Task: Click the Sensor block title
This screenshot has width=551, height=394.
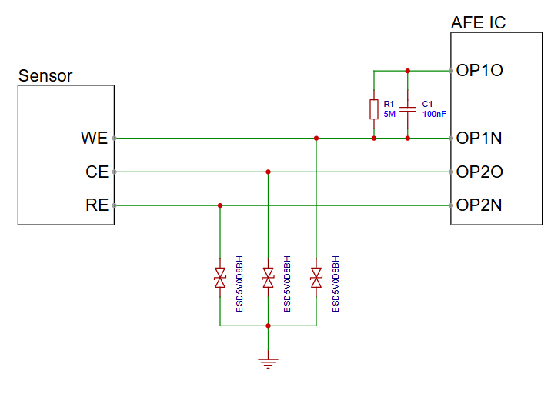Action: point(45,75)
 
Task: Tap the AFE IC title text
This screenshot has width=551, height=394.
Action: point(478,23)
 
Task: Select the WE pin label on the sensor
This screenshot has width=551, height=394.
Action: point(94,139)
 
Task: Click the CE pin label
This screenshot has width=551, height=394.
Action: point(96,172)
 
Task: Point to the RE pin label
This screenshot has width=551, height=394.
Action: point(96,205)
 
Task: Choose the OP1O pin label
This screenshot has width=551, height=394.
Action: point(479,71)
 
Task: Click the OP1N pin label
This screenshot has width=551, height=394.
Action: point(479,139)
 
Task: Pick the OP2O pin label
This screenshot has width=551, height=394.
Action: point(479,172)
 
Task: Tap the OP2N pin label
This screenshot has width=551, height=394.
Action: point(479,205)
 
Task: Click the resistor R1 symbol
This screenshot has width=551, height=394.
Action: point(374,109)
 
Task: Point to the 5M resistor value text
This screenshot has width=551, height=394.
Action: point(389,114)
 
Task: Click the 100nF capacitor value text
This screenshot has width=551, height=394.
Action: point(434,114)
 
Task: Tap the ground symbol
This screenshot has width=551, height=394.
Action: point(268,361)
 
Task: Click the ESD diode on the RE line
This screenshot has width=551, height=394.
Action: point(220,279)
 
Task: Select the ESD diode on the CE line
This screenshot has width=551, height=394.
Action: point(268,279)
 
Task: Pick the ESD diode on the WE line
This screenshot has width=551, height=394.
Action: point(316,279)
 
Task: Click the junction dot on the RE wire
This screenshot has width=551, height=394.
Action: point(220,205)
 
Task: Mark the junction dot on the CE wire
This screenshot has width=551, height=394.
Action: point(268,172)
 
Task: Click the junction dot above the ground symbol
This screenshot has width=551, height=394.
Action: point(268,326)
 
